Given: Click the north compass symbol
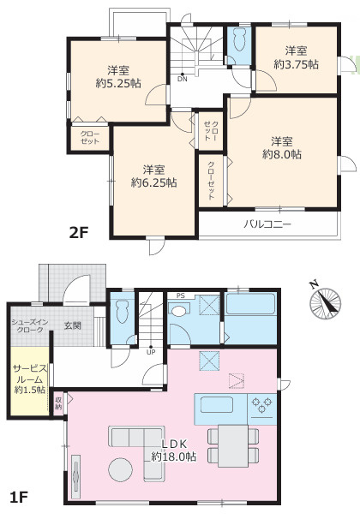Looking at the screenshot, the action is pos(325,302).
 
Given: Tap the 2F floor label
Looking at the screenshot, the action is pos(79,233).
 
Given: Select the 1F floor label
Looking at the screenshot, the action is pos(18,498).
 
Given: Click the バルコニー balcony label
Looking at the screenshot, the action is pos(267,224).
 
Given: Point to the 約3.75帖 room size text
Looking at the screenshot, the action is pos(296,64).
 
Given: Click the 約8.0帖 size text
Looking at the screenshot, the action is pos(282,154).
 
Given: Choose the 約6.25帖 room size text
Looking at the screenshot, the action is pos(153,182).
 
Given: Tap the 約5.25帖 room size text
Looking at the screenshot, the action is pos(118,83).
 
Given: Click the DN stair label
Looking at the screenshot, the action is pos(183,79).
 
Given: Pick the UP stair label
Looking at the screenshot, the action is pos(151,352).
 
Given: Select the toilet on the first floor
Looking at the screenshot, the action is pos(122,311).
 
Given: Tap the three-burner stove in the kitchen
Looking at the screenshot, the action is pos(262,405).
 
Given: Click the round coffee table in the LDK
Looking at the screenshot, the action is pos(120,469).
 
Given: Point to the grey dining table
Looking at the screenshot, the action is pos(233,446).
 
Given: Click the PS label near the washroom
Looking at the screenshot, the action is pos(181,296).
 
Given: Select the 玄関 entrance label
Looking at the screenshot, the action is pos(72,325).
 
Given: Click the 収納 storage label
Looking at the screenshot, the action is pos(58,403).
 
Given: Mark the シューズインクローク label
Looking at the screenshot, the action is pos(30,325).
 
